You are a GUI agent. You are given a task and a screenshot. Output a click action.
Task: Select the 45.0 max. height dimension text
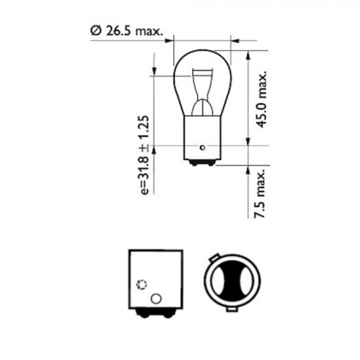click(x=262, y=100)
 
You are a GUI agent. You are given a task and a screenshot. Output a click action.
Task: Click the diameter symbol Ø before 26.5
click(x=96, y=31)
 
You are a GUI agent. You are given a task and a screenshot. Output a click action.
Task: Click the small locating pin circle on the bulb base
click(x=203, y=148)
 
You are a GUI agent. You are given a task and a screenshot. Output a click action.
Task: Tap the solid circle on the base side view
click(x=155, y=298)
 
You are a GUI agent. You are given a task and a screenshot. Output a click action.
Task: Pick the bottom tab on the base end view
click(x=233, y=310)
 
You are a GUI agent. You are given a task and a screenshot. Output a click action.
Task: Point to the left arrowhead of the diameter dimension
click(x=171, y=40)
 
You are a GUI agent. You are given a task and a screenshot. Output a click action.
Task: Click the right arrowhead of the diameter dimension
click(x=235, y=40)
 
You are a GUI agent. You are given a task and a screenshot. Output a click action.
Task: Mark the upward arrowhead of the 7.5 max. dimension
click(x=248, y=169)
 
